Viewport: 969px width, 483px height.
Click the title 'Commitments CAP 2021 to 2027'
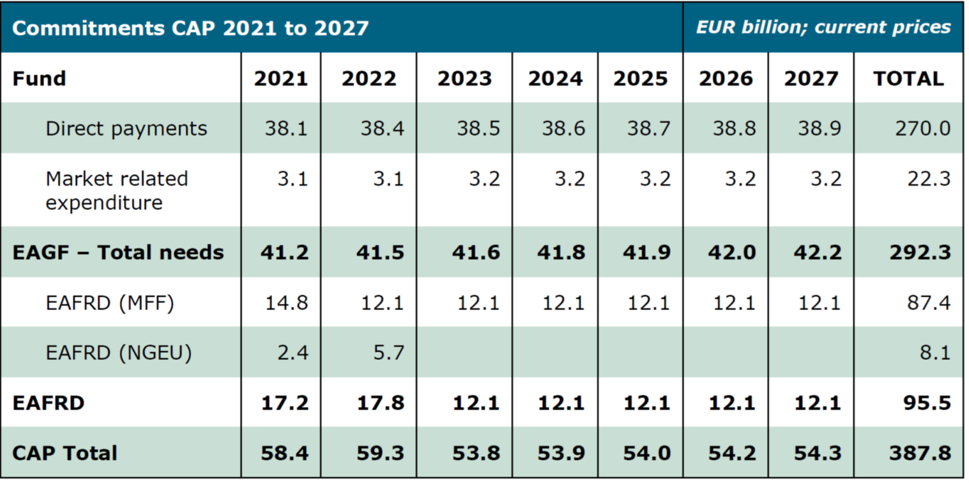190,28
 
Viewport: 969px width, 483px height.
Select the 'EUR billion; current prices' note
823,27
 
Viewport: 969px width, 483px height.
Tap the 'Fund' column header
39,78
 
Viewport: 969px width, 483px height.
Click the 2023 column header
464,78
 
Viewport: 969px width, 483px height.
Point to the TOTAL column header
908,78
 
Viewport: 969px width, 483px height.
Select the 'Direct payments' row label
126,128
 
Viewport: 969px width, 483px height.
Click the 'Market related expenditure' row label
116,190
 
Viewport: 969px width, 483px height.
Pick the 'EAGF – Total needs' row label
118,252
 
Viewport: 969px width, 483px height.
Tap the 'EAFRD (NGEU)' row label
119,352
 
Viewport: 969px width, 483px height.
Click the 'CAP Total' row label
65,453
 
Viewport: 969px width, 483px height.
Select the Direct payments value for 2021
286,128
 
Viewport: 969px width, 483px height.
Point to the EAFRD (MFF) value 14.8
286,302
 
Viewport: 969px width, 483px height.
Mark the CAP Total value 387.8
920,453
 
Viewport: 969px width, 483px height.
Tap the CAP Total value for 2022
381,453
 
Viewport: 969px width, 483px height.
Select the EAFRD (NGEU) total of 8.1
935,352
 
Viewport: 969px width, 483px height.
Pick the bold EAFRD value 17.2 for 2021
284,403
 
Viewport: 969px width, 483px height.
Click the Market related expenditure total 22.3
929,179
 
